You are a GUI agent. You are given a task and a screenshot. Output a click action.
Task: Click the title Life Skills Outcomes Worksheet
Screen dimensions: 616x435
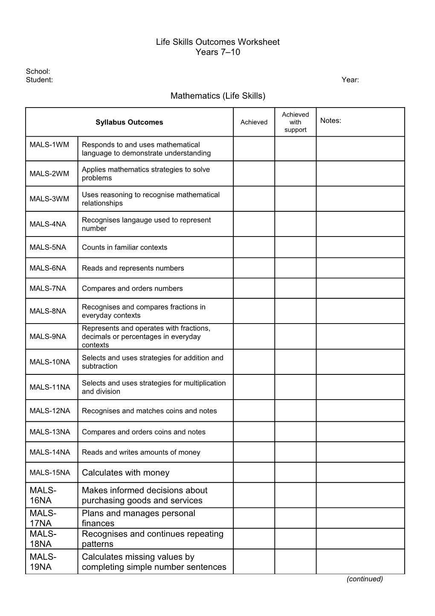[217, 42]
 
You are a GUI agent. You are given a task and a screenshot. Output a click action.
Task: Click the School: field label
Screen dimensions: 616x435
[38, 71]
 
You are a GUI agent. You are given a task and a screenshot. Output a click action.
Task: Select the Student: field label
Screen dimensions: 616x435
[39, 80]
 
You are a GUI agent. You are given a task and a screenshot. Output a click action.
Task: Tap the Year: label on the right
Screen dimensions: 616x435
[350, 80]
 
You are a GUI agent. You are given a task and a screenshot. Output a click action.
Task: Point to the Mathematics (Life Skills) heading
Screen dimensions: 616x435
[217, 96]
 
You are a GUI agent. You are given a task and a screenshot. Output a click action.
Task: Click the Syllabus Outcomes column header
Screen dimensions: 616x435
[129, 122]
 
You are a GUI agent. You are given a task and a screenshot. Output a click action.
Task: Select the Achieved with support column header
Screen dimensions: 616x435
[295, 122]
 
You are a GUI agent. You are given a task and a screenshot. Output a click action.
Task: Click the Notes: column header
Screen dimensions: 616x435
[331, 120]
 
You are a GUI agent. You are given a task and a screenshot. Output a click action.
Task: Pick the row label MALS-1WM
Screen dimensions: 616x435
[49, 145]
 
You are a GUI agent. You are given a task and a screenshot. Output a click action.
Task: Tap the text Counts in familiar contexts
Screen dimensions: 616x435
[125, 247]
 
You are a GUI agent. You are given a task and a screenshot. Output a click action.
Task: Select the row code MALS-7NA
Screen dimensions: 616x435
[48, 289]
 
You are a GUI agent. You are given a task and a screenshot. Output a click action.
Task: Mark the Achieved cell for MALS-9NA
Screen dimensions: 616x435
[254, 336]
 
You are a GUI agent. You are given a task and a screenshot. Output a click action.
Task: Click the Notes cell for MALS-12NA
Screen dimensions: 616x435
[360, 411]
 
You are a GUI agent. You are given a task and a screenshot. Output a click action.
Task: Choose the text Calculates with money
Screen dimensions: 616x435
[125, 473]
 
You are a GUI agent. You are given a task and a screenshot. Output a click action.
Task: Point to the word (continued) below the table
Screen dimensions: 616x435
[365, 579]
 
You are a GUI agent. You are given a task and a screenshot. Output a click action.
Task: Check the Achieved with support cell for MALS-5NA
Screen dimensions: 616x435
[295, 247]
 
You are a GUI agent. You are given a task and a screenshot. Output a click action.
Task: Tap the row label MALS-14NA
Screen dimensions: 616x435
[49, 452]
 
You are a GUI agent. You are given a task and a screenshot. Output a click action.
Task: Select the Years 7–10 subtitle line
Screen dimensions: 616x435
[217, 52]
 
